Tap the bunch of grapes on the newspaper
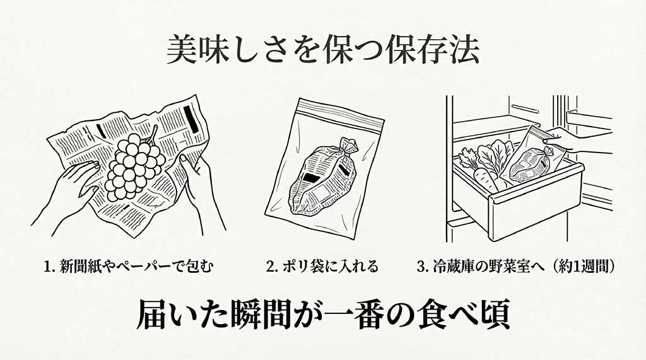pyautogui.click(x=133, y=166)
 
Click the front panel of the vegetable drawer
pyautogui.click(x=536, y=205)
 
